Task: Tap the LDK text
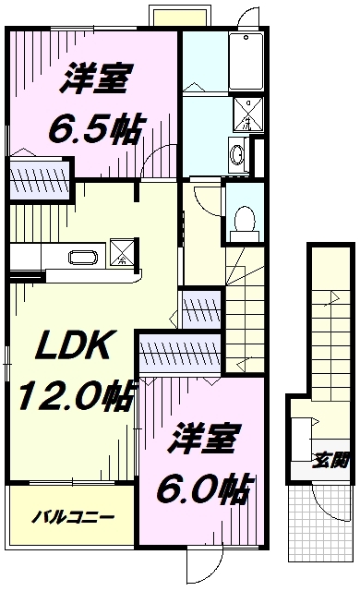[x=74, y=349]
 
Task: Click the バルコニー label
[x=76, y=514]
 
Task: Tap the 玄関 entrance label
[x=330, y=458]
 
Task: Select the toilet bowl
[x=245, y=218]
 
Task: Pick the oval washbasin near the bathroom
[x=235, y=153]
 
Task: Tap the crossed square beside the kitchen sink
[x=122, y=250]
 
